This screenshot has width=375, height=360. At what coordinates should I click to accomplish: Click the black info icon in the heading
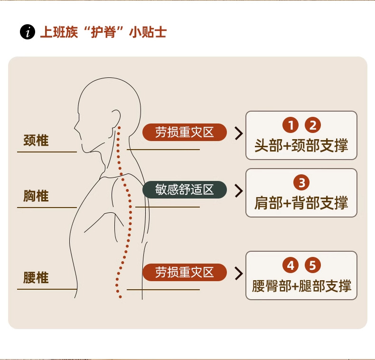pyautogui.click(x=28, y=32)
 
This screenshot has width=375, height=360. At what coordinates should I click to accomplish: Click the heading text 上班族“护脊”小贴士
pyautogui.click(x=103, y=32)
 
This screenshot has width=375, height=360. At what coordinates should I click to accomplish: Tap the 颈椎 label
pyautogui.click(x=36, y=141)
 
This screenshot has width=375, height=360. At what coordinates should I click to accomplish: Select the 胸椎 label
pyautogui.click(x=36, y=196)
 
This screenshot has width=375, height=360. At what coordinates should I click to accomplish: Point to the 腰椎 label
pyautogui.click(x=36, y=277)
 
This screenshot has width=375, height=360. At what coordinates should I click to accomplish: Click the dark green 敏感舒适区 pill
pyautogui.click(x=185, y=190)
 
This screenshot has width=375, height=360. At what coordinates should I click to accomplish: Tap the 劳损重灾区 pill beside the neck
pyautogui.click(x=185, y=133)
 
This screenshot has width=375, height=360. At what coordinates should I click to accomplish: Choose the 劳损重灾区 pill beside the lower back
pyautogui.click(x=185, y=272)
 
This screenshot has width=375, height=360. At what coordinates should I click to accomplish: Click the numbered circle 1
pyautogui.click(x=291, y=125)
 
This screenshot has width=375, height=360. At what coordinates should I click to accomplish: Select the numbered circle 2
pyautogui.click(x=312, y=125)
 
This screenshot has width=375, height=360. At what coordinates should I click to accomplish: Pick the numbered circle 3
pyautogui.click(x=301, y=183)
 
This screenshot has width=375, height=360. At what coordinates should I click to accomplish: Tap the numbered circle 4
pyautogui.click(x=291, y=265)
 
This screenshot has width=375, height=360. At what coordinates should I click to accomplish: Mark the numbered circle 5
pyautogui.click(x=312, y=265)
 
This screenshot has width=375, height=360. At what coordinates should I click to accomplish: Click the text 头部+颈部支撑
pyautogui.click(x=301, y=145)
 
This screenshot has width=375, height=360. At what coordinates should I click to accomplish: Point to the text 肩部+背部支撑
pyautogui.click(x=301, y=203)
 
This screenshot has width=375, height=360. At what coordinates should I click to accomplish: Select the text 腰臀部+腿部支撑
pyautogui.click(x=301, y=286)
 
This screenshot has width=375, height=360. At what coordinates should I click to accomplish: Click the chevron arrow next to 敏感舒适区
pyautogui.click(x=238, y=190)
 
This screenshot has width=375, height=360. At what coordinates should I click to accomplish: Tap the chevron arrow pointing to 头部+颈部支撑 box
pyautogui.click(x=238, y=133)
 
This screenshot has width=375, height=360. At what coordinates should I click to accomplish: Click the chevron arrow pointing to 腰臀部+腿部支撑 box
pyautogui.click(x=238, y=273)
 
